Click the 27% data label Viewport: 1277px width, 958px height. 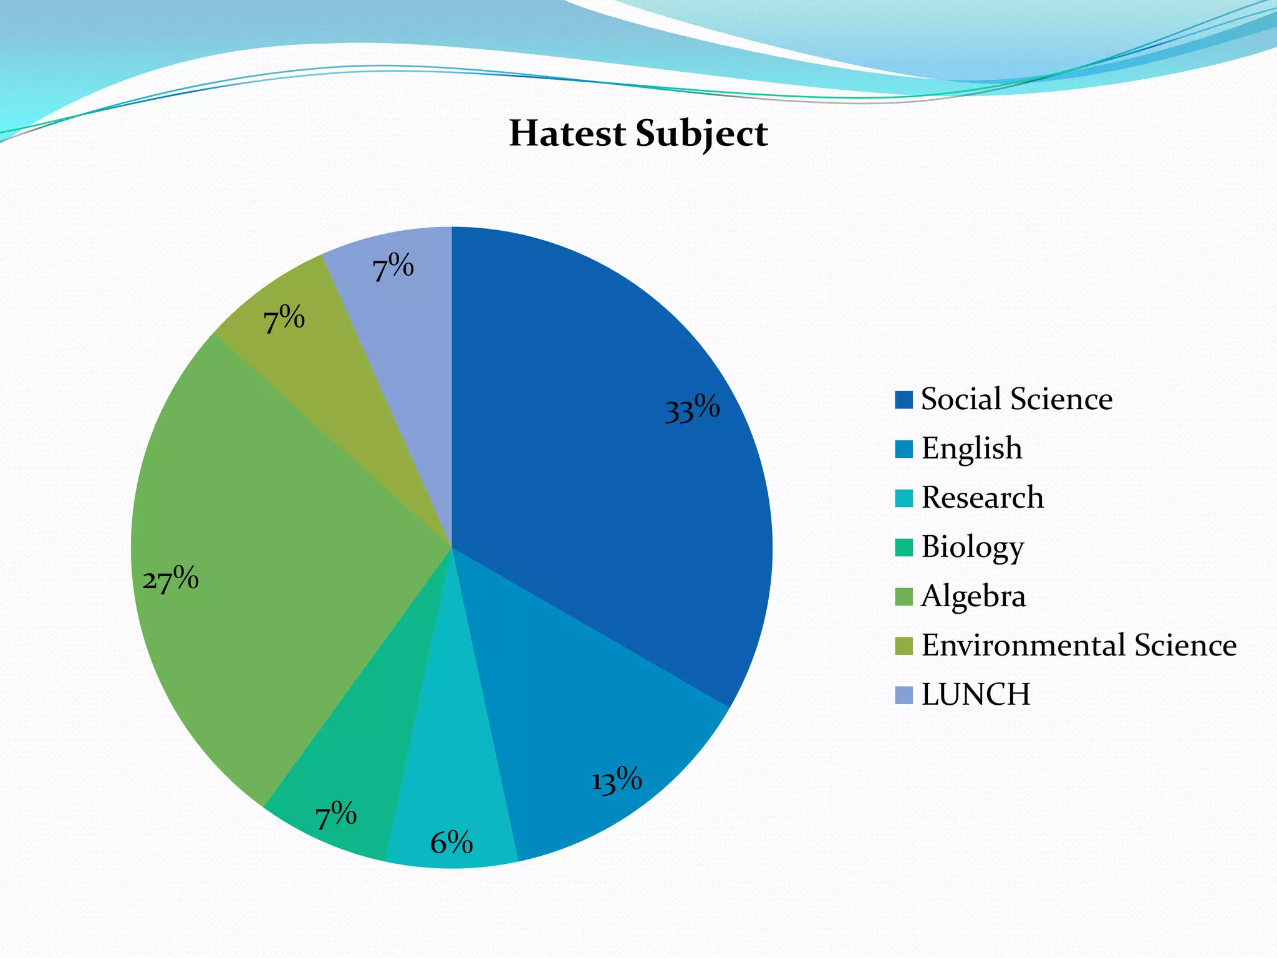pyautogui.click(x=170, y=579)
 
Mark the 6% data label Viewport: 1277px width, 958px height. pyautogui.click(x=451, y=843)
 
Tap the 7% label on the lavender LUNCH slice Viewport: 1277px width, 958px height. pyautogui.click(x=393, y=268)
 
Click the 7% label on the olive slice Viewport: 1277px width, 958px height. pyautogui.click(x=284, y=320)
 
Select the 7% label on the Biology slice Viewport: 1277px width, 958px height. pyautogui.click(x=335, y=815)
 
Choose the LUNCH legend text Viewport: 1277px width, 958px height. pyautogui.click(x=976, y=694)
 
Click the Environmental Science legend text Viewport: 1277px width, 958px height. pyautogui.click(x=1079, y=645)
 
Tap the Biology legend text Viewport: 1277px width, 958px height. pyautogui.click(x=973, y=547)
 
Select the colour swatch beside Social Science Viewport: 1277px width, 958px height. pyautogui.click(x=904, y=399)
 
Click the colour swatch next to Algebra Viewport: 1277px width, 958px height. pyautogui.click(x=904, y=596)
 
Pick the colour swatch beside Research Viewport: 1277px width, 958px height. pyautogui.click(x=904, y=498)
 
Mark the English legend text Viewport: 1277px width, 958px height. pyautogui.click(x=971, y=448)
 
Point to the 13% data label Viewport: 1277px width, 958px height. pyautogui.click(x=616, y=781)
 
